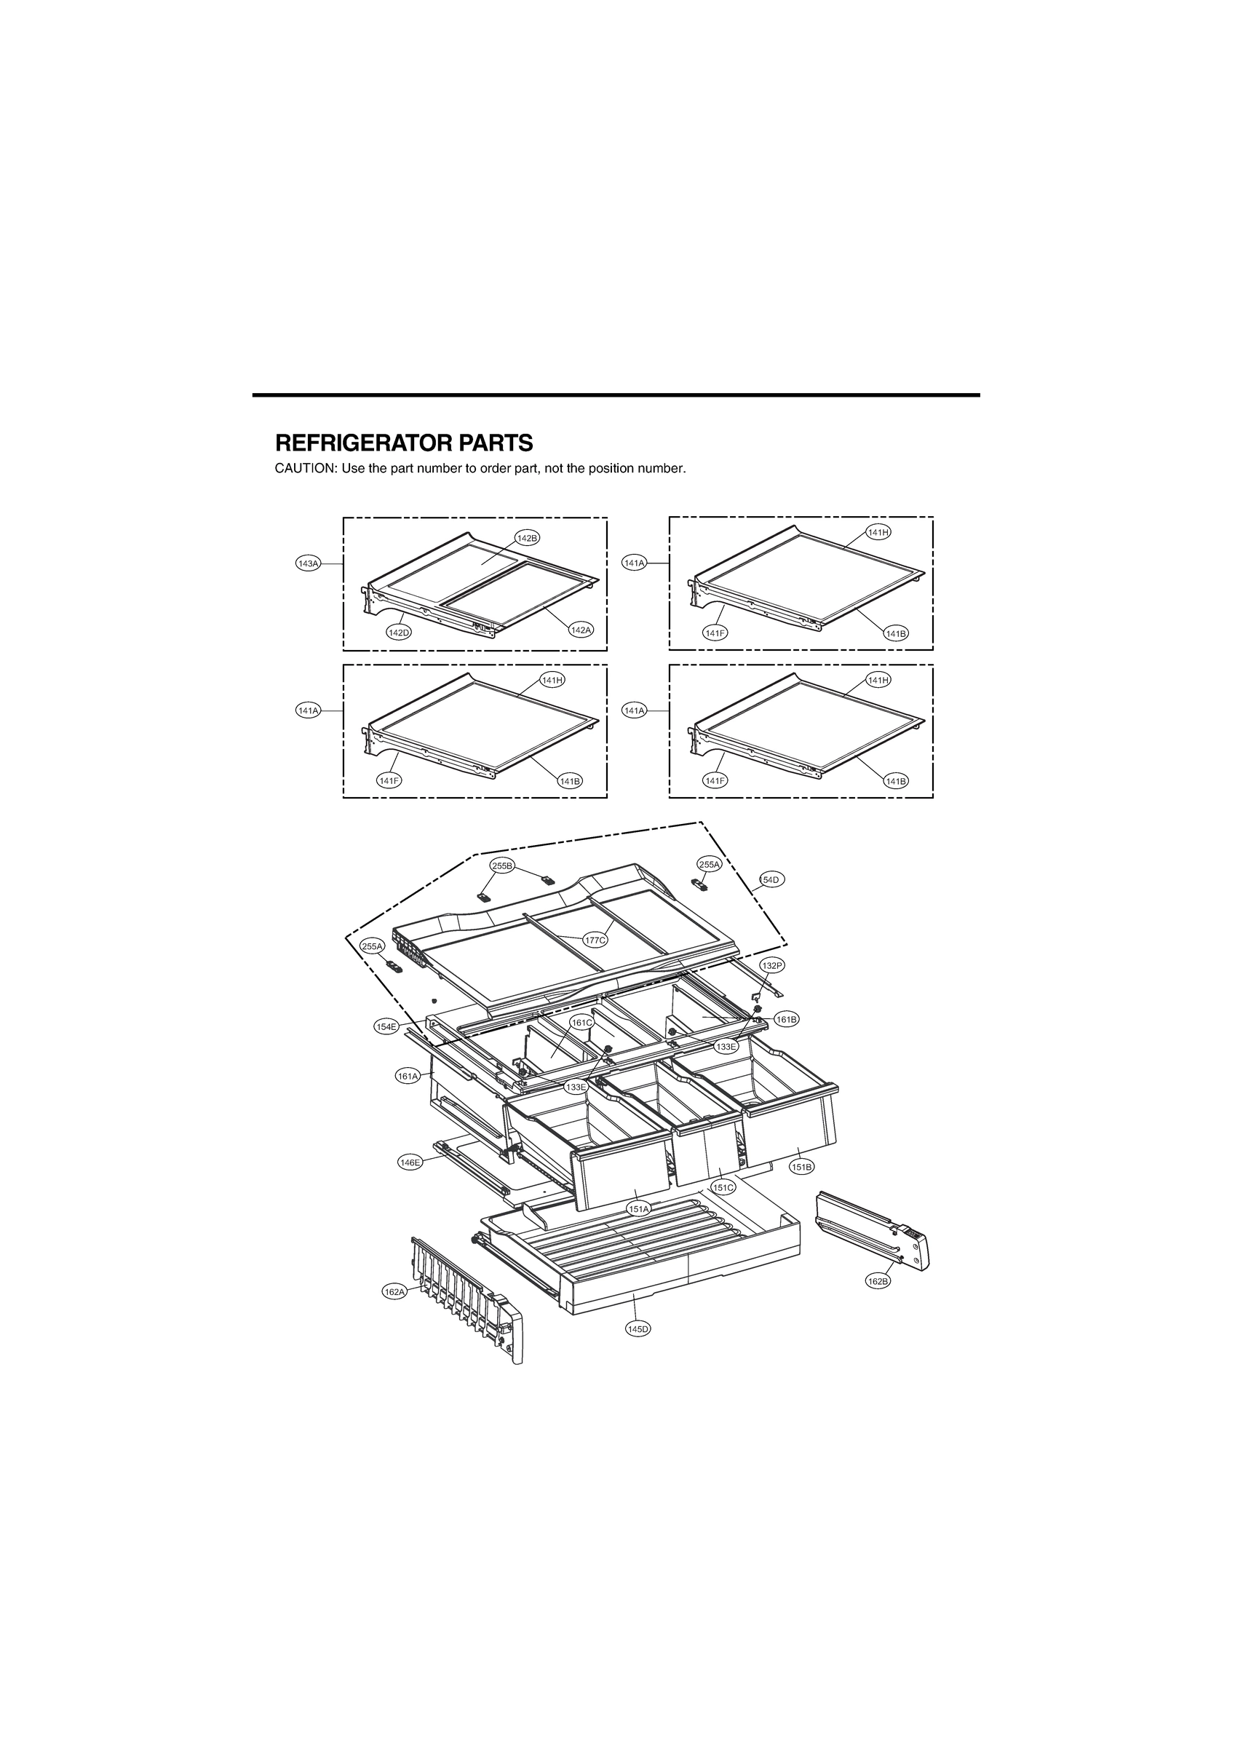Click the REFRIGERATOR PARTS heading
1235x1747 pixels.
(x=403, y=443)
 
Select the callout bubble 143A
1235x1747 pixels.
(x=308, y=563)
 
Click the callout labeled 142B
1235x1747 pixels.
(x=528, y=538)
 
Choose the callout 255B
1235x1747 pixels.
(x=502, y=865)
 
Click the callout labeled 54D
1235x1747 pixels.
(x=771, y=879)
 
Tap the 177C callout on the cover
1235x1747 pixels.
(x=595, y=940)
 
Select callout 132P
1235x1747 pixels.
(x=771, y=964)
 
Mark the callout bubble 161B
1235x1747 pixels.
(x=786, y=1019)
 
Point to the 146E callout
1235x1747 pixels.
(x=410, y=1184)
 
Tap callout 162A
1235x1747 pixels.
(x=394, y=1292)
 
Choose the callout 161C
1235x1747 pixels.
(x=582, y=1023)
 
